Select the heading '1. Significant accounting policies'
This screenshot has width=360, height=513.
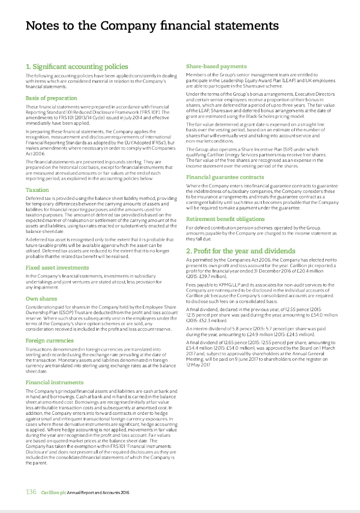click(77, 66)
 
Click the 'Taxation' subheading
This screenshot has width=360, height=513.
click(37, 190)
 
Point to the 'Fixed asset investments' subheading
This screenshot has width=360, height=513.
click(57, 268)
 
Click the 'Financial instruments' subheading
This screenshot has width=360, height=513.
click(54, 382)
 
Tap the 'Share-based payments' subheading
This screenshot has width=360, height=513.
click(216, 66)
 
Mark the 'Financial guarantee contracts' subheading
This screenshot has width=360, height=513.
click(226, 177)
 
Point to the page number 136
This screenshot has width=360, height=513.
click(31, 492)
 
